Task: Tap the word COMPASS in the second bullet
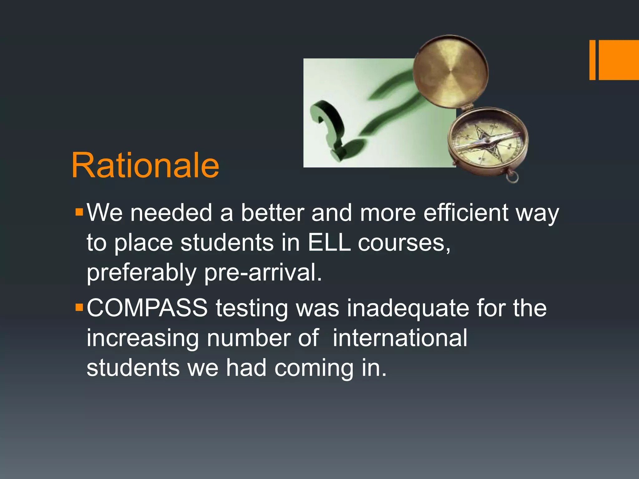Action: coord(147,308)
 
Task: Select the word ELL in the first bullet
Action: coord(329,243)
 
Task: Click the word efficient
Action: coord(466,213)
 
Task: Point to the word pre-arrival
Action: coord(263,273)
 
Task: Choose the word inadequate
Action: coord(408,308)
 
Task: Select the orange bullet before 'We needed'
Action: coord(79,213)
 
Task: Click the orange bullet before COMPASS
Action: coord(79,308)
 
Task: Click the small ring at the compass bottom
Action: coord(512,178)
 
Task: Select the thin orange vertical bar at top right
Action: coord(592,60)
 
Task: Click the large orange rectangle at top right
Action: coord(619,60)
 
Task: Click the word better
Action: coord(272,213)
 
